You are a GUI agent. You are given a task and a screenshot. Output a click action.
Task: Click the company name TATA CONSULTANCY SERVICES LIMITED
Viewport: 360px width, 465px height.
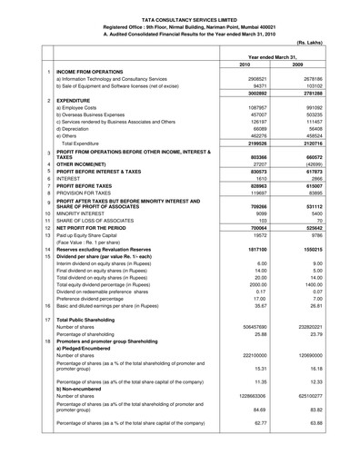point(181,8)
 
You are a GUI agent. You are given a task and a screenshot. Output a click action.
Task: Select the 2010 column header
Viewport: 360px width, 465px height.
point(242,65)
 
